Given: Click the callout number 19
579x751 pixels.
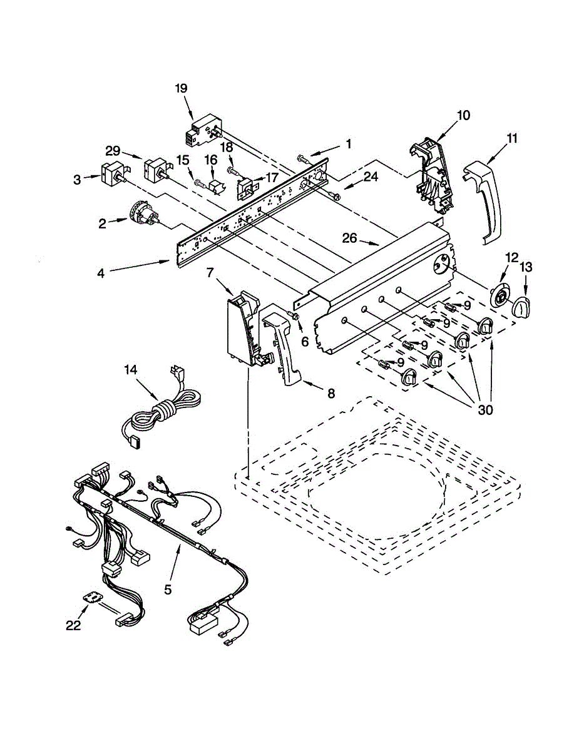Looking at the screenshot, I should point(181,88).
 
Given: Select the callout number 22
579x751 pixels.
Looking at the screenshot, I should point(74,625).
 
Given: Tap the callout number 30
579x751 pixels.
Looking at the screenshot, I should point(485,411).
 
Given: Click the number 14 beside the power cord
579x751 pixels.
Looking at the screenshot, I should point(130,370).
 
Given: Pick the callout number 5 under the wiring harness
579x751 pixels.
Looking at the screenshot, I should point(168,589).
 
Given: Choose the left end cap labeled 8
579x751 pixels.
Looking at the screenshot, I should point(284,347).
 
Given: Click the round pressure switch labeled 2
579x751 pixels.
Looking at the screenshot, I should point(142,213).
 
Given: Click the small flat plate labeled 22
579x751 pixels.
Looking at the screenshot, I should point(95,599).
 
